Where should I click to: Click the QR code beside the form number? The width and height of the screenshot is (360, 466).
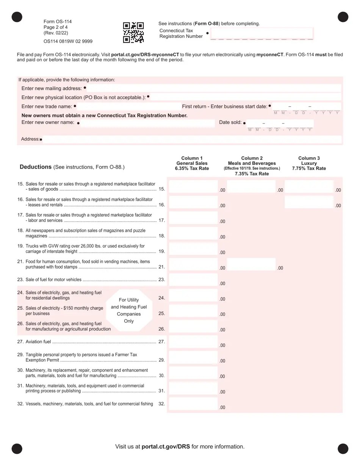pos(133,32)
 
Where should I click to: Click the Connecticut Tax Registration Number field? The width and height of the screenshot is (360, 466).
pos(261,33)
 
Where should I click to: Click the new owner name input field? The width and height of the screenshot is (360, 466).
pos(147,123)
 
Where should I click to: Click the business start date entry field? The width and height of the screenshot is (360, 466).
pos(306,106)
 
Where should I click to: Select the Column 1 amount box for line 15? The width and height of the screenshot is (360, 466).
pos(193,187)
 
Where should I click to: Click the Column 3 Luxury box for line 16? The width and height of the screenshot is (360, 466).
pos(309,202)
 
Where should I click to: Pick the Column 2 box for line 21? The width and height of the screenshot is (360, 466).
pos(251,264)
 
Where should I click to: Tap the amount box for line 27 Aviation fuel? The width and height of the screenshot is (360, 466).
pos(193,342)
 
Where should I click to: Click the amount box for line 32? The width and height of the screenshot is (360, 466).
pos(193,404)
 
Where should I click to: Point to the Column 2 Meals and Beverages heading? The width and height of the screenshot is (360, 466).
pos(252,163)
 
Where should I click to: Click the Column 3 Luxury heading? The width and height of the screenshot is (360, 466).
pos(309,163)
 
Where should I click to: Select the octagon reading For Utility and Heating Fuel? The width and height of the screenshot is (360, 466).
pos(129,310)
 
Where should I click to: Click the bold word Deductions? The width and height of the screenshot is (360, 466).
pos(36,167)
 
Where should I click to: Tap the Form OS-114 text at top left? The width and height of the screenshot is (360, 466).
pos(58,22)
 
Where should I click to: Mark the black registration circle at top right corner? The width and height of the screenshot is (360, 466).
pos(343,17)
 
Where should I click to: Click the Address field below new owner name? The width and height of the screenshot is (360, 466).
pos(192,139)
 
